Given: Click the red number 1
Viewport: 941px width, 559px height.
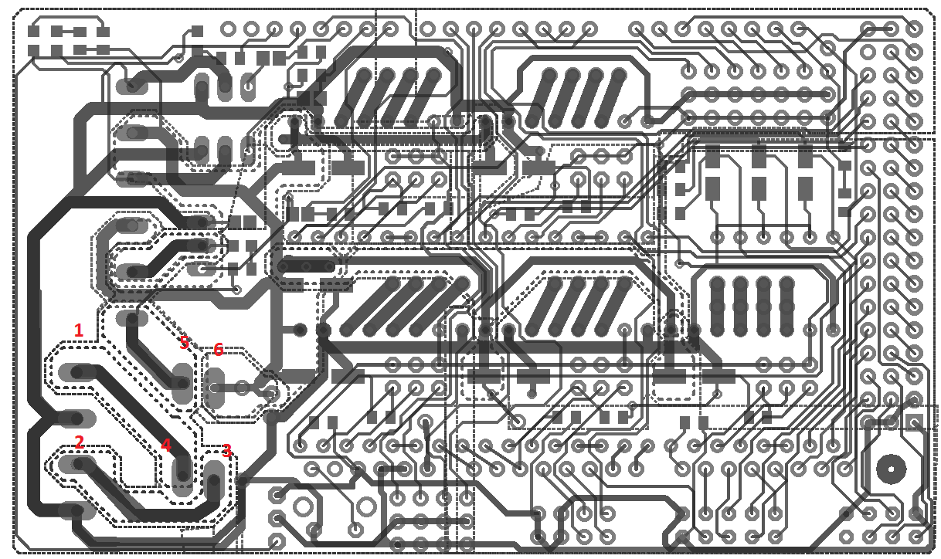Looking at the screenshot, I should [x=78, y=330].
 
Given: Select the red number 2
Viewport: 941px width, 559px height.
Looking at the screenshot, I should [x=79, y=442].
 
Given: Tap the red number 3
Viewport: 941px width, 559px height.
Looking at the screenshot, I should [x=226, y=451].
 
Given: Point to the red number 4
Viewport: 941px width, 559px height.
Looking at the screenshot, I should [x=165, y=446].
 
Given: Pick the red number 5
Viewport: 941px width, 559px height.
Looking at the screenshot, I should [x=184, y=344].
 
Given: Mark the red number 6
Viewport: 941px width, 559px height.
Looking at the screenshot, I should [x=218, y=350].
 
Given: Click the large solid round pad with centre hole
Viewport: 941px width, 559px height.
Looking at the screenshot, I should [x=891, y=467].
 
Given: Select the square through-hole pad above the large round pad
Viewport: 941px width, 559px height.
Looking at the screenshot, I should [x=915, y=422].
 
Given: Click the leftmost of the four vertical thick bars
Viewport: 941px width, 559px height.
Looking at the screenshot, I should [x=717, y=305].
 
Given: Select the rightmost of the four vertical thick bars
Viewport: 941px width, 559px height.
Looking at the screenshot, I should [x=786, y=305].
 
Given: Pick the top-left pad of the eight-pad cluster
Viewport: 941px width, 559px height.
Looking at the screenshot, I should [x=34, y=32].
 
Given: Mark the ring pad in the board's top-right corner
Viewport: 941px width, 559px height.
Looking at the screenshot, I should [x=915, y=29].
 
